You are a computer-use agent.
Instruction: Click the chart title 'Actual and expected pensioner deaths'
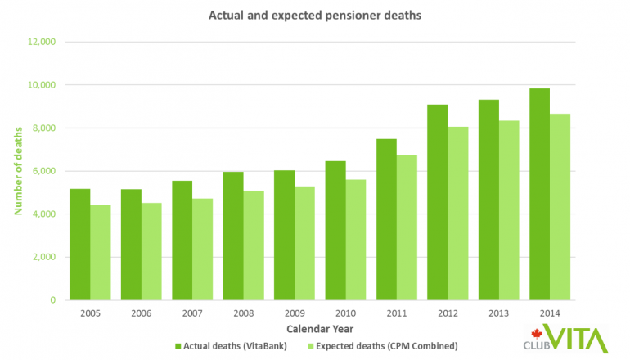(x=314, y=15)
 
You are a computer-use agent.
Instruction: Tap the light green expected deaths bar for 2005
(x=100, y=253)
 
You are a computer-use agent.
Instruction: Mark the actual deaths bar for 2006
(x=131, y=245)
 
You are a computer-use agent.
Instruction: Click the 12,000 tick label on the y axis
(x=41, y=42)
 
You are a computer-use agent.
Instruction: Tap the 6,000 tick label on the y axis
(x=43, y=171)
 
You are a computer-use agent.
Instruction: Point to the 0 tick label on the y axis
(x=52, y=300)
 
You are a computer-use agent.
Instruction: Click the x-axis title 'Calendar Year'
(x=315, y=329)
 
